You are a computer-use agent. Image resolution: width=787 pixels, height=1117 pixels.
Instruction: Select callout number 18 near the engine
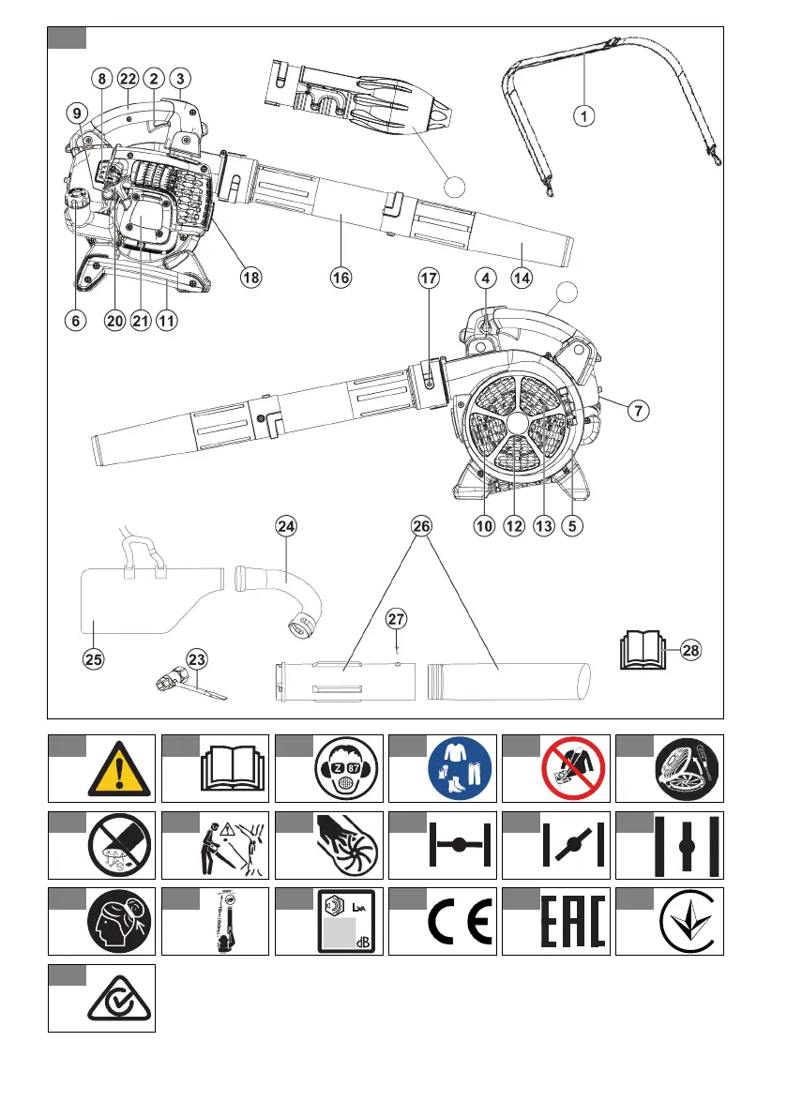(x=250, y=278)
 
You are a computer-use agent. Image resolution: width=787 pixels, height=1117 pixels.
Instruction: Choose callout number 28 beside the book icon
(x=689, y=648)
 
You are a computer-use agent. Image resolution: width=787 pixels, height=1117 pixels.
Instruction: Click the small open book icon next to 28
(x=643, y=648)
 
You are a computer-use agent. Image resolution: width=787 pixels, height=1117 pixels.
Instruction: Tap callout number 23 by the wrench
(x=196, y=658)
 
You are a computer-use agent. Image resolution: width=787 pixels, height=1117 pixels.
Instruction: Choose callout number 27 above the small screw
(x=397, y=619)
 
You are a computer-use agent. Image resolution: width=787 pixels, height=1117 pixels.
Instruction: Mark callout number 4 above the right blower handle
(x=485, y=278)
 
